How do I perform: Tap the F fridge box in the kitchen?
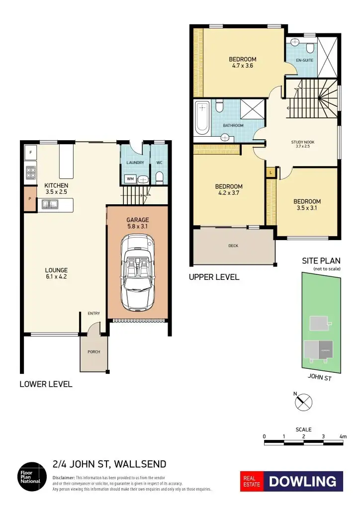(31, 153)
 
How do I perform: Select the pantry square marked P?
(30, 199)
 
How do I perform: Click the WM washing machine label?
(130, 178)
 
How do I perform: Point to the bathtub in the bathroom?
(202, 118)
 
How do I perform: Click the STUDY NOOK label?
(302, 142)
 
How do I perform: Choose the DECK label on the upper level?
(233, 246)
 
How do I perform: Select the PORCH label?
(93, 352)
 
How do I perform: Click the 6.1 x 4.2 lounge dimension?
(56, 277)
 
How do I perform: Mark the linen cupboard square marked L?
(270, 172)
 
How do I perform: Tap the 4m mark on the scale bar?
(343, 436)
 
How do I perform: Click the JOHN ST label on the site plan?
(320, 377)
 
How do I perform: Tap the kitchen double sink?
(50, 203)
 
